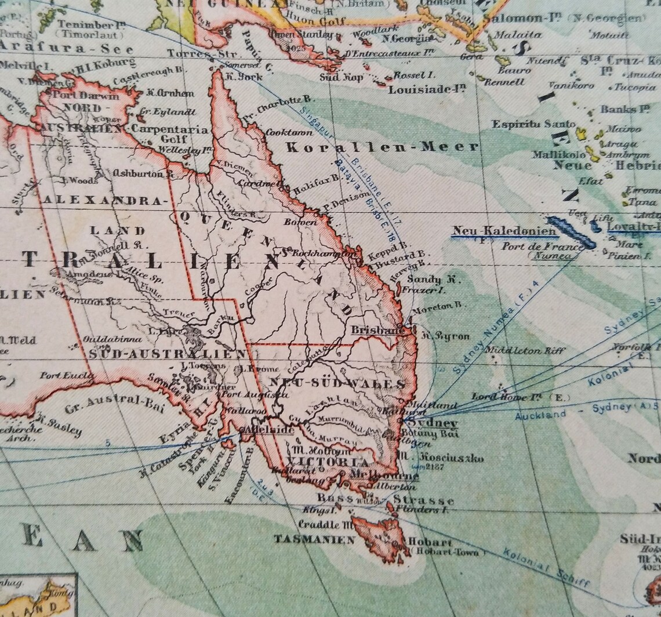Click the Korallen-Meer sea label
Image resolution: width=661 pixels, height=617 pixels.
(x=383, y=147)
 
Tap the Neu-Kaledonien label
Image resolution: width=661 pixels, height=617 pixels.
(x=504, y=231)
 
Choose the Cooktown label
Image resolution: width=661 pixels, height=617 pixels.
(x=285, y=132)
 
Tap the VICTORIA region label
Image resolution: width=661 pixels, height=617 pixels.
(x=328, y=462)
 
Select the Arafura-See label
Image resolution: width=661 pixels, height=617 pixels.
(x=66, y=49)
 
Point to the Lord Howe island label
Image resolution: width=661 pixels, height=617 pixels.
(x=513, y=397)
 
